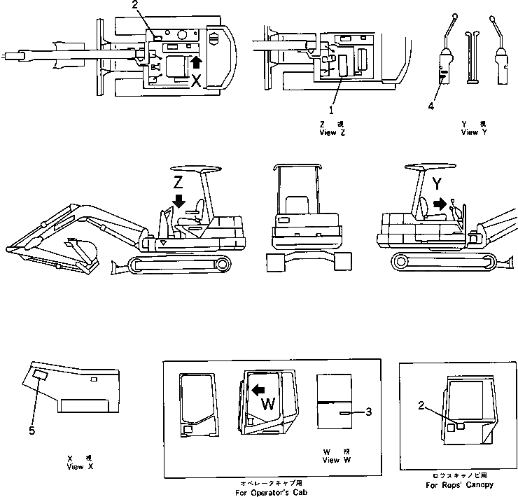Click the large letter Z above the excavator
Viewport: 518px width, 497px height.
click(x=178, y=182)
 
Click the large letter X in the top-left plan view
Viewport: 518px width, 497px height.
click(x=197, y=82)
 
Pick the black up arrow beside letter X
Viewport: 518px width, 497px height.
click(x=195, y=65)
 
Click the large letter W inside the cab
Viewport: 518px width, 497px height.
click(x=267, y=404)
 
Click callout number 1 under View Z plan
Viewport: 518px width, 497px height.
click(x=332, y=109)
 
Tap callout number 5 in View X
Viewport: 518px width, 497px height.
click(x=31, y=430)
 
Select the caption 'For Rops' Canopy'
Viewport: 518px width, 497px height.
click(x=458, y=484)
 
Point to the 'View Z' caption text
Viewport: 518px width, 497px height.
click(x=332, y=132)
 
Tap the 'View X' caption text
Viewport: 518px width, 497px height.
click(x=75, y=465)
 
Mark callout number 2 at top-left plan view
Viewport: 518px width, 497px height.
click(x=144, y=5)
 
